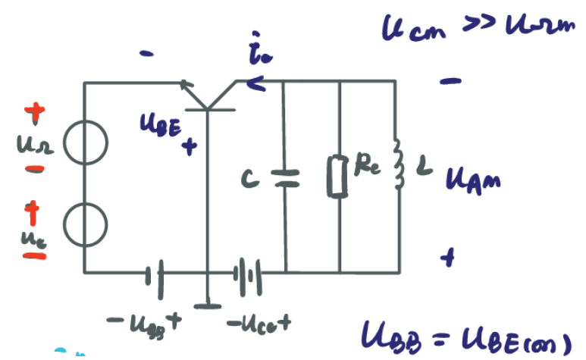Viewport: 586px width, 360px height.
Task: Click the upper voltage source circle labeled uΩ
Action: point(84,143)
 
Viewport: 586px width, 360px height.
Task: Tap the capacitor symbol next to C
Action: point(286,178)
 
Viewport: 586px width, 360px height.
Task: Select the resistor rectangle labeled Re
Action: point(339,176)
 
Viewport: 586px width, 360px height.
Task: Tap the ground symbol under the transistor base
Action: point(206,305)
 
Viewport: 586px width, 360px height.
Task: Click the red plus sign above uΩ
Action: point(34,114)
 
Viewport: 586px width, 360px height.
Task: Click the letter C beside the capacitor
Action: point(248,180)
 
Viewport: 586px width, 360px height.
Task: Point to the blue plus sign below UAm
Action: point(450,259)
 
